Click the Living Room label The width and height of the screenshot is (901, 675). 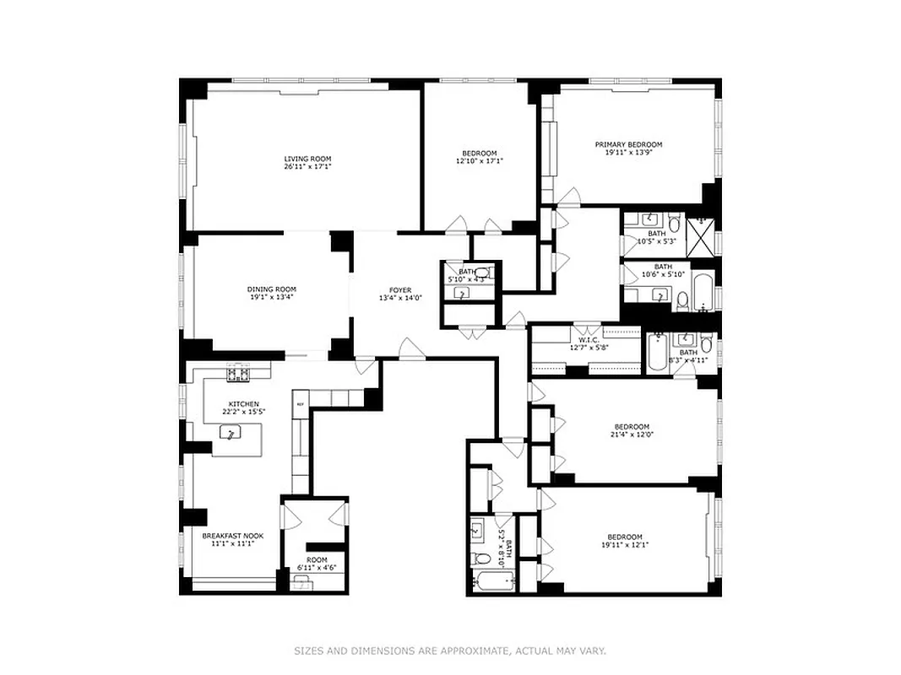tap(307, 159)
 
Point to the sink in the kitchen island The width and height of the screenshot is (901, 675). tap(228, 433)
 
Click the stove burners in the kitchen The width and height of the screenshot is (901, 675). tap(237, 374)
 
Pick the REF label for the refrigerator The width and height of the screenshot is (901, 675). tap(300, 406)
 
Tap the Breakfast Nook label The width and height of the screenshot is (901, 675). tap(228, 535)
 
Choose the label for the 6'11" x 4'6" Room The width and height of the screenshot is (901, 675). tap(317, 559)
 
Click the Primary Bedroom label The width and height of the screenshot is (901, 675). tap(628, 144)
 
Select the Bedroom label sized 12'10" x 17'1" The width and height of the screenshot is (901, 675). tap(479, 153)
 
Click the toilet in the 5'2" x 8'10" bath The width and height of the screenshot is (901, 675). tap(480, 558)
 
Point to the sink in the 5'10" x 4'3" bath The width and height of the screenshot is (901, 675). tap(462, 293)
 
